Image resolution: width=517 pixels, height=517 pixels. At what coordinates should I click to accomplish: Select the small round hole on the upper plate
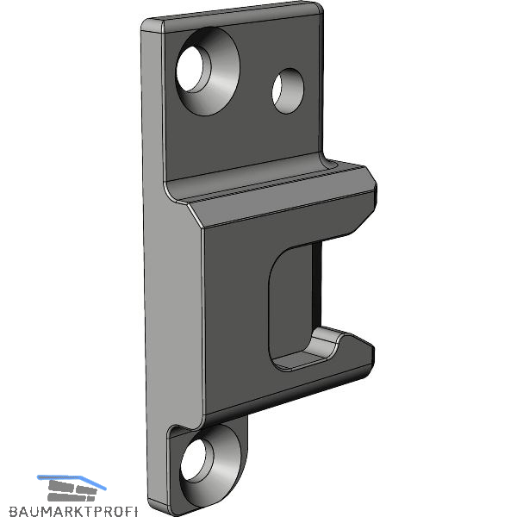[288, 91]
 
